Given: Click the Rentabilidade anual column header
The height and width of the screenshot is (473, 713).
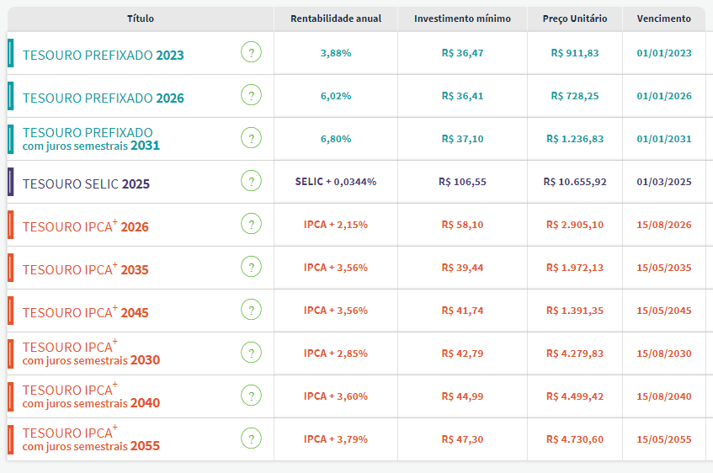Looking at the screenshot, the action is [336, 19].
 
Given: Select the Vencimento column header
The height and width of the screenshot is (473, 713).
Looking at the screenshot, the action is [664, 19].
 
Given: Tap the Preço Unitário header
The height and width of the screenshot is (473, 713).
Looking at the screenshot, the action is [575, 19].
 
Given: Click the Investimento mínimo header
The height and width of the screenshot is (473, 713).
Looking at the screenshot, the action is [462, 19].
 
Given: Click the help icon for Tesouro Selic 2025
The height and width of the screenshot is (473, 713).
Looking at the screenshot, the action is [251, 181].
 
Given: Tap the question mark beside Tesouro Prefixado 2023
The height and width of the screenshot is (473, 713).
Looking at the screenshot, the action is [251, 52].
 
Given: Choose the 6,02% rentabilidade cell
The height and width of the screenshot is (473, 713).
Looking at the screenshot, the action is [336, 96].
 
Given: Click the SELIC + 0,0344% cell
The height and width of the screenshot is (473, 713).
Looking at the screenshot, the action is [336, 182].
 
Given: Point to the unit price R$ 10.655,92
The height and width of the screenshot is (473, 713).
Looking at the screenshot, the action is [575, 182].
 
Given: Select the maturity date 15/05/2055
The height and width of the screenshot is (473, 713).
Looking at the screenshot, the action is [664, 439].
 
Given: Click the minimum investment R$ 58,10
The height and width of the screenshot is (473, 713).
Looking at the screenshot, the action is [462, 225].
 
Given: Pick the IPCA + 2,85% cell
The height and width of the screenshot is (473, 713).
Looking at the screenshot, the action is [336, 353].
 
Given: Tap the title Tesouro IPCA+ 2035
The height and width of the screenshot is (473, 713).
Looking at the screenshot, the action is [86, 268].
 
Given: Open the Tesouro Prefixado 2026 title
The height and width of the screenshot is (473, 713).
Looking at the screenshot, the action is [104, 98].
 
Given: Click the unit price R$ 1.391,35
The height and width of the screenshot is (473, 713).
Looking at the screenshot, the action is [575, 311].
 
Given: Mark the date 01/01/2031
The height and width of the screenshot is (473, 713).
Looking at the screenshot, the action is [664, 139].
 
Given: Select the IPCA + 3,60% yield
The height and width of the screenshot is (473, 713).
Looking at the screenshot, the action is [336, 396].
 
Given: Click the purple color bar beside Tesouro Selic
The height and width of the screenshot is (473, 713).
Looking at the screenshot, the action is [10, 182].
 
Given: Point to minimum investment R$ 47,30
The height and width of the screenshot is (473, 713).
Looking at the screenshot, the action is [462, 439].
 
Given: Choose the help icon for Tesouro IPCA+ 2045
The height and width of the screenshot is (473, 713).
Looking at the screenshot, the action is [251, 310].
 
